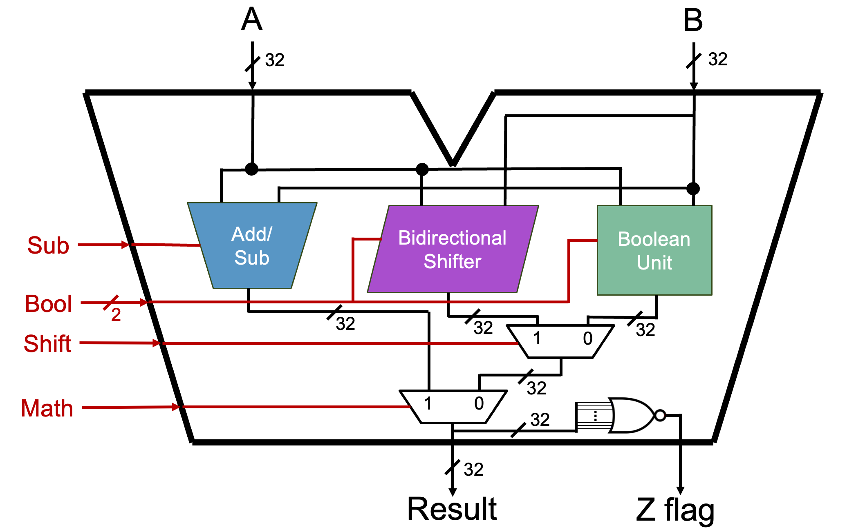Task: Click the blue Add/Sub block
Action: point(252,245)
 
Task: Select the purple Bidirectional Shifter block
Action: point(453,249)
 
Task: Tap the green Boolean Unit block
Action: point(654,250)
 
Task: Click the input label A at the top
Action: point(251,19)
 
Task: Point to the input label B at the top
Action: point(693,20)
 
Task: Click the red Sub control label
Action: point(48,245)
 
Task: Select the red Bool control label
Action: point(48,304)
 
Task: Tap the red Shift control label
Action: point(47,343)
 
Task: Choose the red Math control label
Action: point(47,408)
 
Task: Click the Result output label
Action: point(452,509)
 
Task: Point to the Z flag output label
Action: point(675,510)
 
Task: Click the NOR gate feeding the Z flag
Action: point(632,415)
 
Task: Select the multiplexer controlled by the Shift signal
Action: point(560,341)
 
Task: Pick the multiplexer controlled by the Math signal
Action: point(453,407)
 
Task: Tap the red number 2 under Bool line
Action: point(116,315)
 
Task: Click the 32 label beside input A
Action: point(275,60)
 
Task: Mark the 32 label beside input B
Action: point(718,59)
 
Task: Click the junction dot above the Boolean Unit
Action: point(693,189)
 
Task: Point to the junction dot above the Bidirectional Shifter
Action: point(422,169)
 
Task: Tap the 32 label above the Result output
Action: point(474,470)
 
